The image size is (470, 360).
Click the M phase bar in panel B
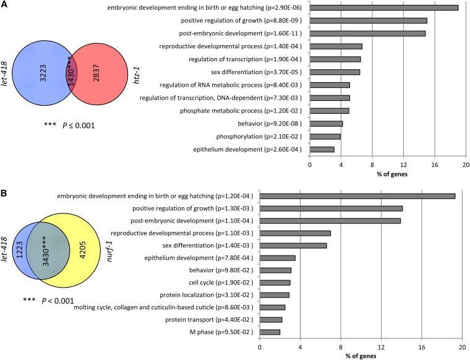click(270, 332)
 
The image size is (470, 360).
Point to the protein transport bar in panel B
click(271, 320)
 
